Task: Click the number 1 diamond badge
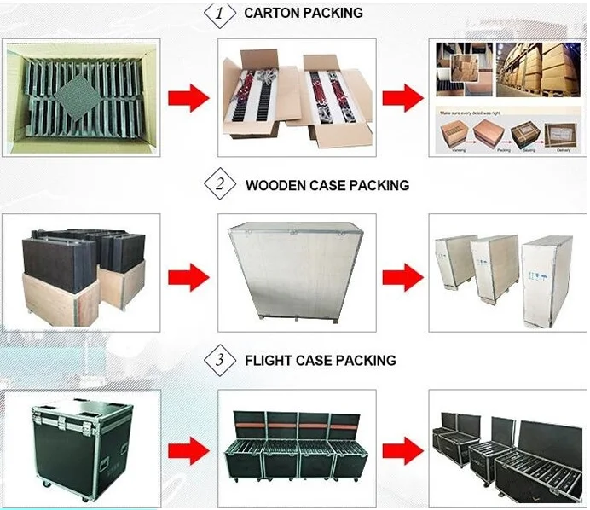219,14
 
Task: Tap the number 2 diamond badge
219,184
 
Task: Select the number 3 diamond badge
219,360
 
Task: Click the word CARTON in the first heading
274,14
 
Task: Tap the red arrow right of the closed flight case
188,449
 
